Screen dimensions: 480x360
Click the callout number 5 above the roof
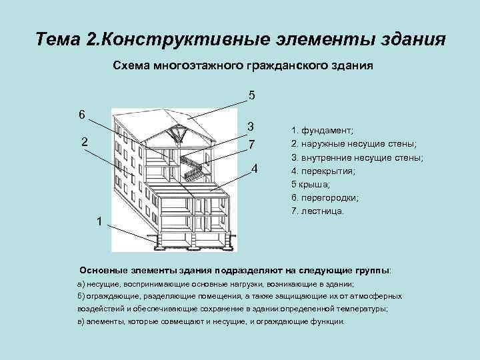point(251,95)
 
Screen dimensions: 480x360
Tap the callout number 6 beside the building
point(81,114)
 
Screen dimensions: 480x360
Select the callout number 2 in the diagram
point(85,141)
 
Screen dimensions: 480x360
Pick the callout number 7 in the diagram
point(251,145)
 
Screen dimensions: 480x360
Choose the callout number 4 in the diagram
point(255,167)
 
